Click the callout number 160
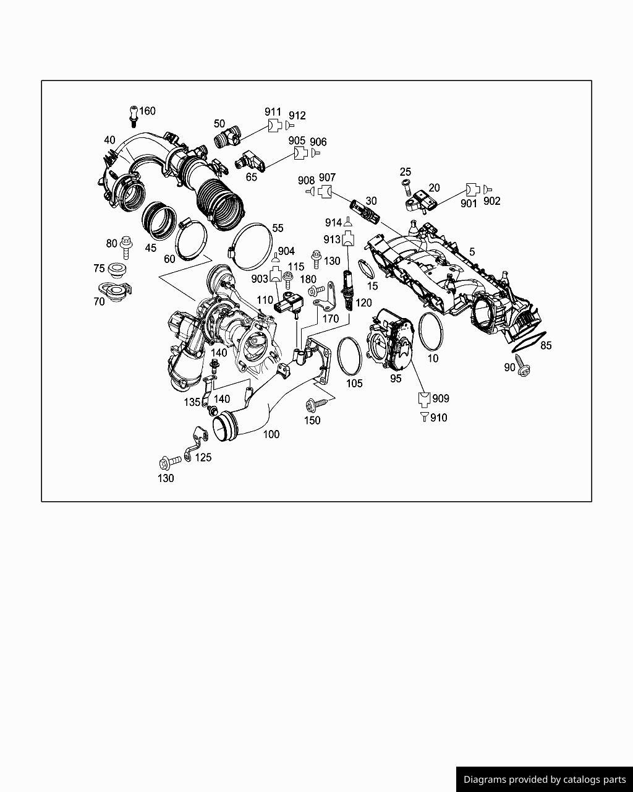tap(147, 111)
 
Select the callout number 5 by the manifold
tap(472, 252)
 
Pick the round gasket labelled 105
tap(350, 356)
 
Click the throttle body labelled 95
tap(393, 344)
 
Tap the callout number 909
tap(441, 398)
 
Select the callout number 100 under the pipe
tap(271, 434)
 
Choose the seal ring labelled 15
tap(366, 270)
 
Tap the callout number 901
tap(469, 203)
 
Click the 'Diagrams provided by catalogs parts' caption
tap(545, 780)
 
